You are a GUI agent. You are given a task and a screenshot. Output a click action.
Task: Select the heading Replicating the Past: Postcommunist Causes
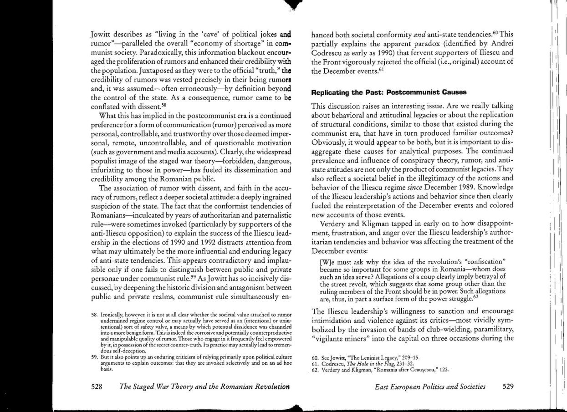(388, 92)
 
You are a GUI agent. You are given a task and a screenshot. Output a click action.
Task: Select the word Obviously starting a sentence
(329, 141)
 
